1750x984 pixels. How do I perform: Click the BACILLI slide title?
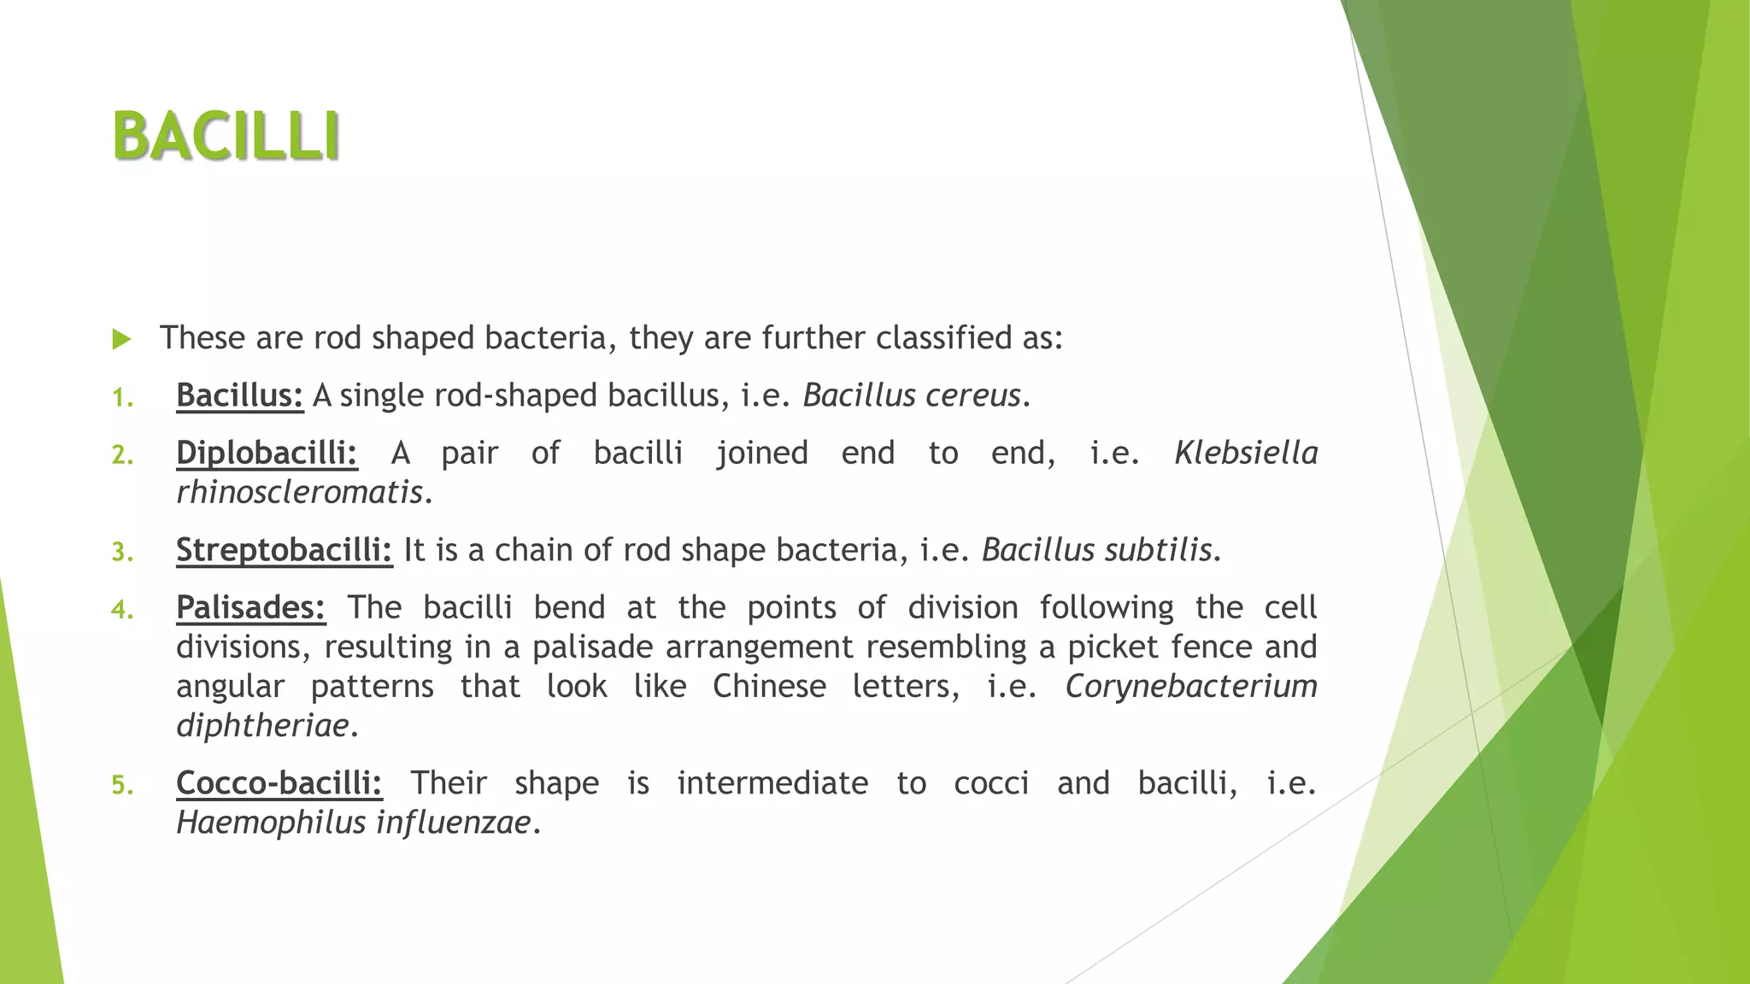point(226,137)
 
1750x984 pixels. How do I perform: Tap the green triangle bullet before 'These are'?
point(121,340)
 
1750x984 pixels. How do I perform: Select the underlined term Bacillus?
point(239,395)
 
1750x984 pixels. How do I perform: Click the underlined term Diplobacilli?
point(267,453)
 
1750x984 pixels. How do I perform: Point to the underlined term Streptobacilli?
point(284,550)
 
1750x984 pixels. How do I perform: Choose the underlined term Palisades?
point(250,607)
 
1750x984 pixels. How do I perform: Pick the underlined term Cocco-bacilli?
point(279,783)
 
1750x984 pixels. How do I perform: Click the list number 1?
point(122,398)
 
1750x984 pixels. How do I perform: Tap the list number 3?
point(122,553)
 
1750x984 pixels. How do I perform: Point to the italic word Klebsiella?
point(1246,453)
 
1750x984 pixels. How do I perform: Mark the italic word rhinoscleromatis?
point(299,493)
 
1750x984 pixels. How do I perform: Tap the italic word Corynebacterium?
point(1191,687)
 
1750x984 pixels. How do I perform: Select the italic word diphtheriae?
point(262,726)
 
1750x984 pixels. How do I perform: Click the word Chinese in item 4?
point(769,687)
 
